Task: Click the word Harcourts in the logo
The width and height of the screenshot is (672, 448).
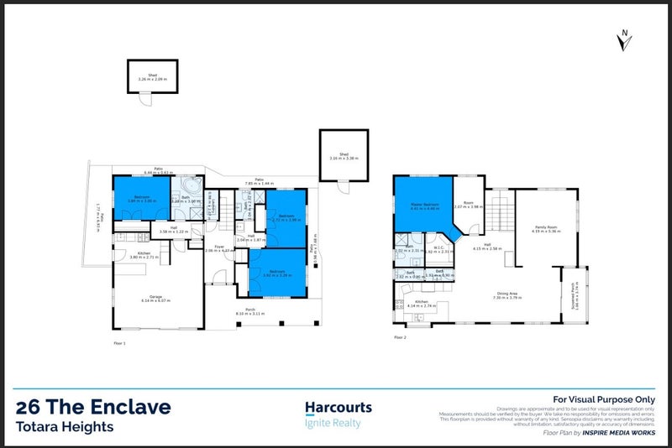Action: click(x=338, y=408)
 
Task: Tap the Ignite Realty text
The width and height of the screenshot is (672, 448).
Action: click(x=332, y=424)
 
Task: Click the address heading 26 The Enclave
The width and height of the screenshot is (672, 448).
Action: click(x=93, y=408)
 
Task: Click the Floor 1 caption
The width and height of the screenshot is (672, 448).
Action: click(x=118, y=344)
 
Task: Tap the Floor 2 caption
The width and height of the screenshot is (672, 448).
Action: click(x=400, y=337)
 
